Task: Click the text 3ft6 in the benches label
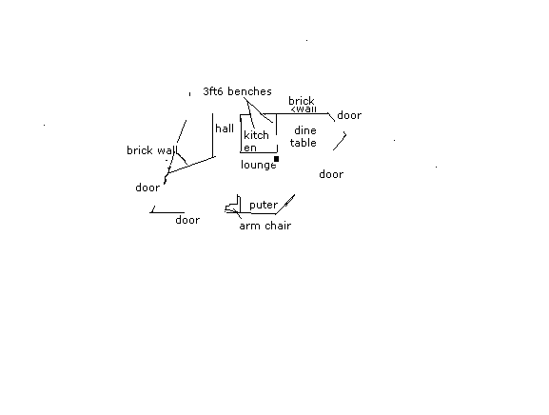[x=213, y=91]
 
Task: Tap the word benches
[x=249, y=91]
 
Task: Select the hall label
[x=225, y=128]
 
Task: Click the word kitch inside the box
[x=256, y=135]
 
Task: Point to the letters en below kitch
[x=250, y=148]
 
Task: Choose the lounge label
[x=259, y=165]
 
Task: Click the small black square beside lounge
[x=276, y=159]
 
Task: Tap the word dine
[x=305, y=130]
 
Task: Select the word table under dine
[x=304, y=143]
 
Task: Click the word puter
[x=264, y=205]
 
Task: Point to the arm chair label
[x=265, y=226]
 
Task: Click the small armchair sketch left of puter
[x=233, y=205]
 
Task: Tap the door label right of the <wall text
[x=349, y=115]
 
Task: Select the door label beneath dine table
[x=331, y=174]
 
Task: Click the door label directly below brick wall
[x=147, y=188]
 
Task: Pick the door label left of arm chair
[x=187, y=220]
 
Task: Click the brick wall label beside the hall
[x=152, y=150]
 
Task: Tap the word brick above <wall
[x=302, y=101]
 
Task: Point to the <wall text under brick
[x=304, y=109]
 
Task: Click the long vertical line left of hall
[x=212, y=135]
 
